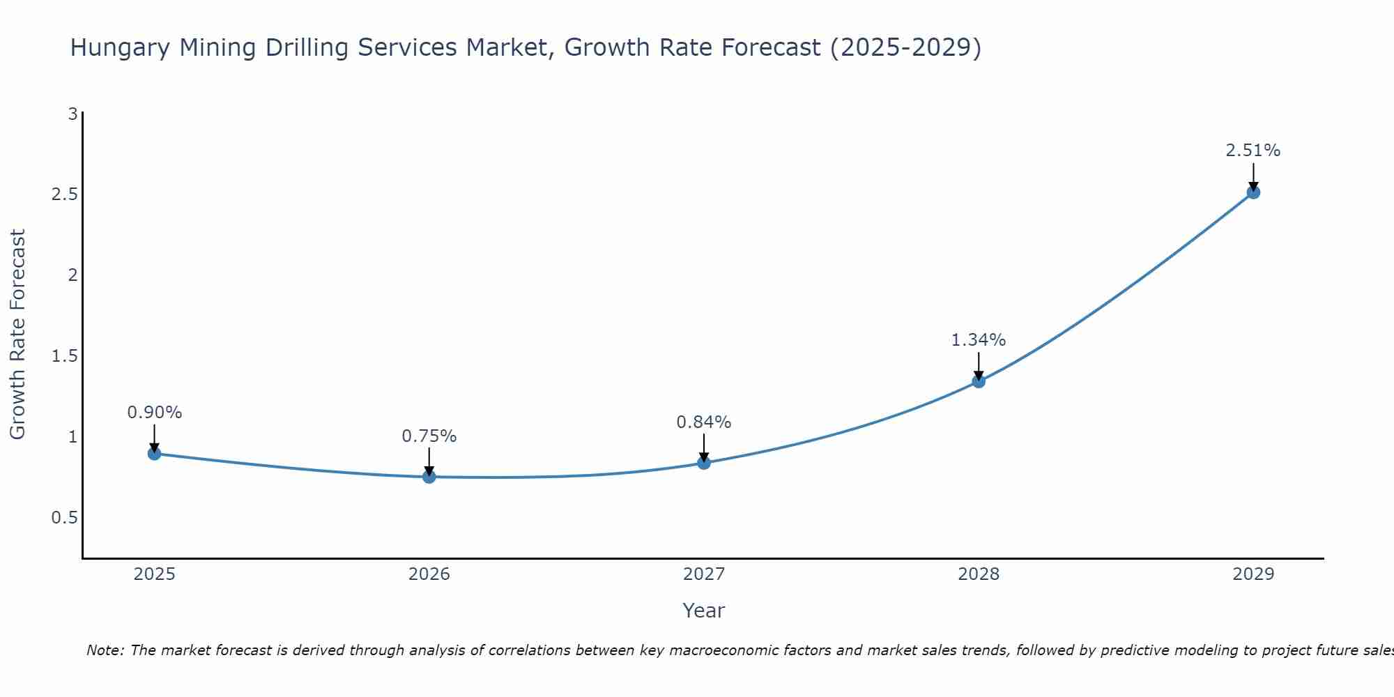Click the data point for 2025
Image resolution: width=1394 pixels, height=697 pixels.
[x=155, y=454]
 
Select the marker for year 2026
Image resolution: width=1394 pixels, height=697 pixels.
[x=429, y=477]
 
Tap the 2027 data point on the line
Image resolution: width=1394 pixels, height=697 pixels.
[x=704, y=463]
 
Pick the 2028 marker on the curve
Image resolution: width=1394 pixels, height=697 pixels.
[x=979, y=381]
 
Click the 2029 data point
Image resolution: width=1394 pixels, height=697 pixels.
[x=1253, y=192]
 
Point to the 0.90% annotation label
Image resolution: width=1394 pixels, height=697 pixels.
[x=155, y=413]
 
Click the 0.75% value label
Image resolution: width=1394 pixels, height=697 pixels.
[x=429, y=436]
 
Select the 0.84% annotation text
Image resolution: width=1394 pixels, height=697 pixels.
[x=704, y=422]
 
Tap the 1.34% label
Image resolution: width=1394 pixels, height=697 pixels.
[x=979, y=340]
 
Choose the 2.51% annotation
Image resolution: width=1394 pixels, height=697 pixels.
[x=1253, y=151]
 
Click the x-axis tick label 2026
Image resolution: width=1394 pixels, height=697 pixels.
[x=429, y=574]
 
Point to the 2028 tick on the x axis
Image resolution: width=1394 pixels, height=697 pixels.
[x=979, y=574]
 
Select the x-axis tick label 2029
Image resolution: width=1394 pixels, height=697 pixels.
[x=1253, y=574]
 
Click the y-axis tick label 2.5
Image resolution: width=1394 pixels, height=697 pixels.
[x=64, y=194]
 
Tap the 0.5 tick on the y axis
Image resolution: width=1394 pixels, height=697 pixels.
[x=64, y=518]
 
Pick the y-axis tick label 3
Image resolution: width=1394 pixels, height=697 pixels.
[x=72, y=114]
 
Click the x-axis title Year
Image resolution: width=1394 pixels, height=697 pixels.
[x=704, y=611]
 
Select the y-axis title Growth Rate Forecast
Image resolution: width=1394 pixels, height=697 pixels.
[x=18, y=335]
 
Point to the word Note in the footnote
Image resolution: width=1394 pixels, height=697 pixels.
[x=105, y=650]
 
